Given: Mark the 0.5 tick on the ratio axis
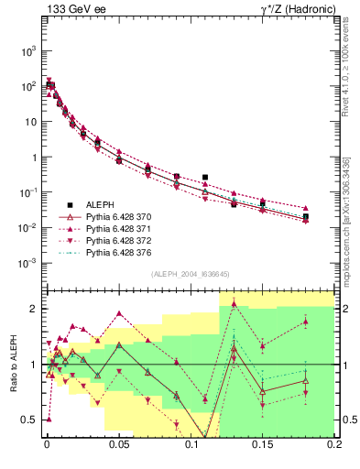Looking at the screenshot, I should pyautogui.click(x=29, y=420).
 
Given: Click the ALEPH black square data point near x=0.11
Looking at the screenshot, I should pyautogui.click(x=205, y=177).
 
